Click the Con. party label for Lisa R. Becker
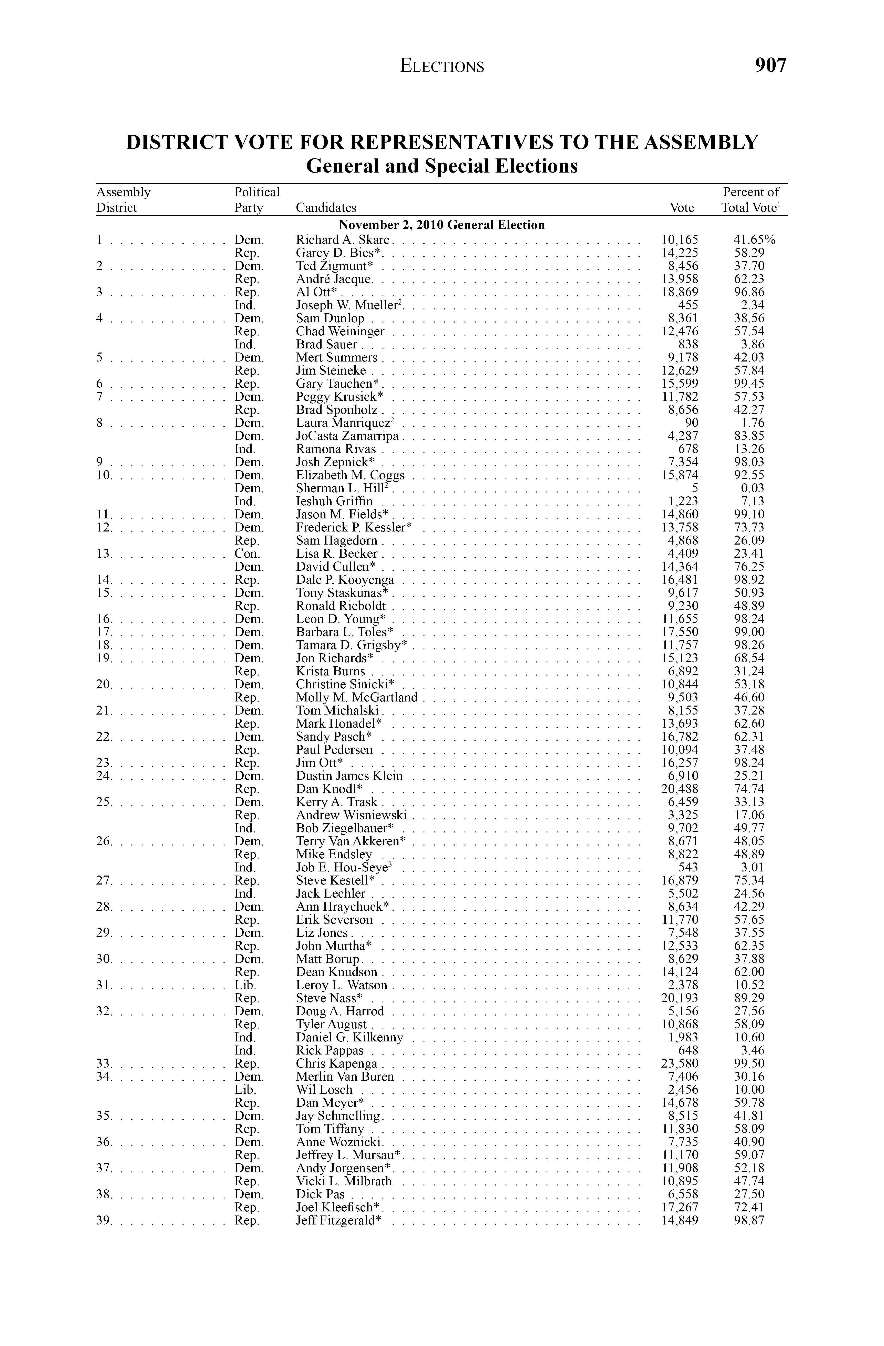click(x=247, y=554)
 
